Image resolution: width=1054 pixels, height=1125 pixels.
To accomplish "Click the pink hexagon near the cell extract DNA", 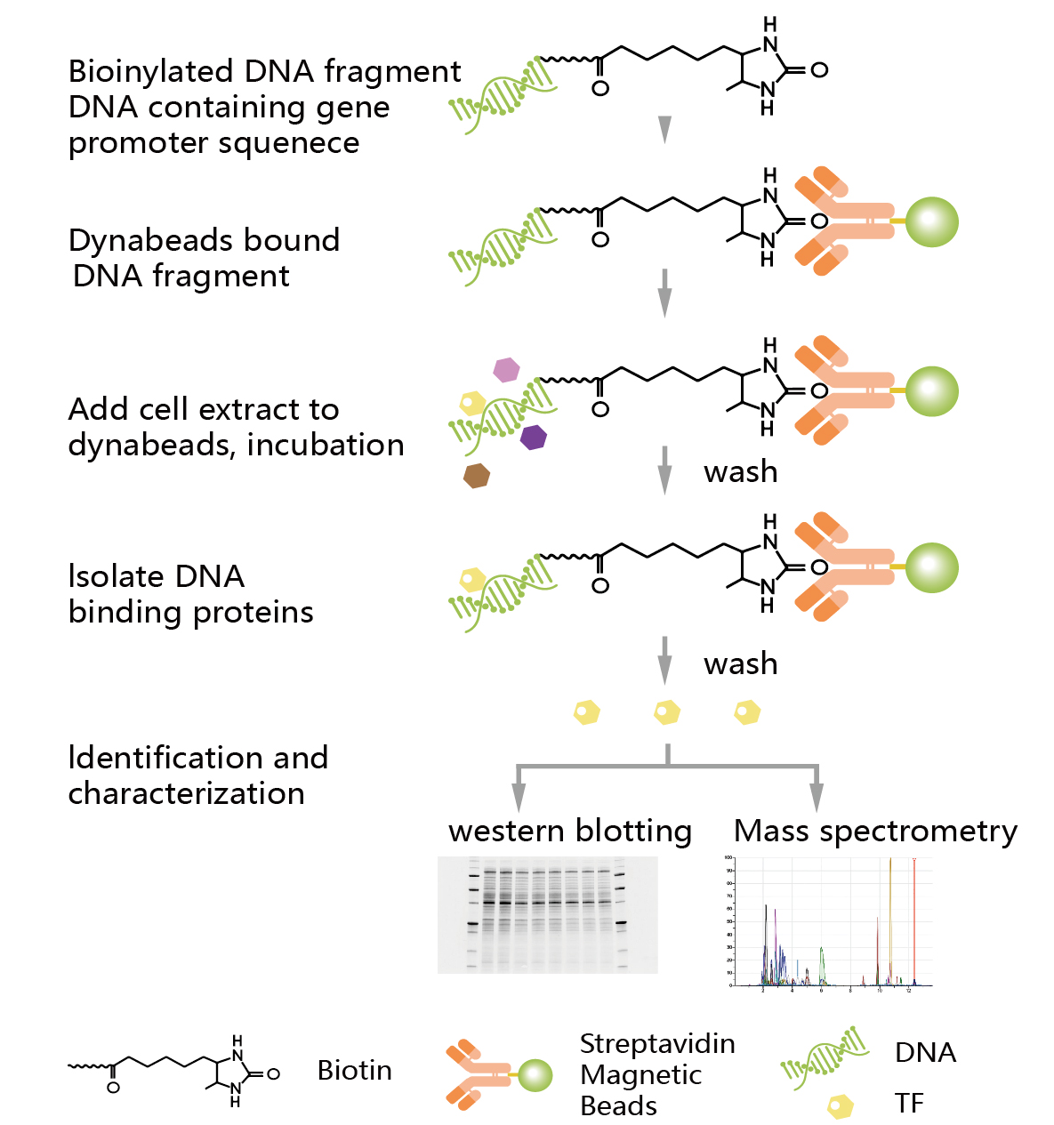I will pos(506,369).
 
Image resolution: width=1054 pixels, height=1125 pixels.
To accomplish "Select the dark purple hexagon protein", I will pos(533,437).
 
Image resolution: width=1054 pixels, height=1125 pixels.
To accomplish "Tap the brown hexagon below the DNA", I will pos(477,476).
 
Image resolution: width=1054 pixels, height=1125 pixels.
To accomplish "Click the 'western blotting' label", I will pos(570,831).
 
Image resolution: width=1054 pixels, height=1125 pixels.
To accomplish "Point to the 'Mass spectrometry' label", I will pos(875,831).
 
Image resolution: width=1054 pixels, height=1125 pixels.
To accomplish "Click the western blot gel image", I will pos(547,914).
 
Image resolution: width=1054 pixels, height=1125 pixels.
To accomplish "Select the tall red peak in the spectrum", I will pos(913,920).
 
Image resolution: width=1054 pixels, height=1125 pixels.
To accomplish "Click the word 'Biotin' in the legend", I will pos(354,1070).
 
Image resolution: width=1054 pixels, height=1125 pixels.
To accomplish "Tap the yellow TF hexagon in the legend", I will pos(841,1105).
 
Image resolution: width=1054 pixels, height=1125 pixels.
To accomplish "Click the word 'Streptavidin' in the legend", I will pos(657,1043).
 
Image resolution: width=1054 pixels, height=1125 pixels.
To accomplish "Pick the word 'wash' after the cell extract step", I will pos(740,471).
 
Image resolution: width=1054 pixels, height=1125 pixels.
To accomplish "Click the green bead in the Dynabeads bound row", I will pos(931,221).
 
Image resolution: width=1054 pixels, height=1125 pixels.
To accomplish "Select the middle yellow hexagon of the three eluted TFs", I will pos(667,712).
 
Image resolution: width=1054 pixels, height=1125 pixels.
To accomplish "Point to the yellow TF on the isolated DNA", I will pos(471,580).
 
